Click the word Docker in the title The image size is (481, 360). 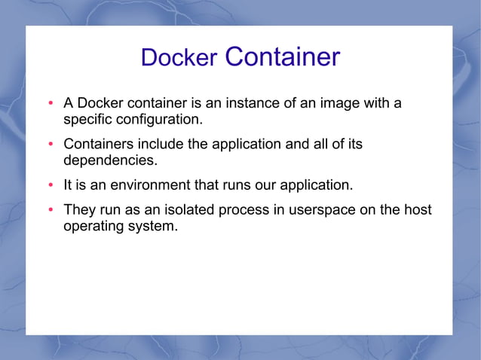coord(179,58)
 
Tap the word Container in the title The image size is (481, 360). coord(283,56)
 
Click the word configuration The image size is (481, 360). coord(159,119)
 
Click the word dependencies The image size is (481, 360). coord(110,160)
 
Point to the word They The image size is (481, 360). coord(79,209)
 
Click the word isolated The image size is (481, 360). coord(191,209)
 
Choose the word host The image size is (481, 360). coord(418,209)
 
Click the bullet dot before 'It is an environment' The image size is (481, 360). coord(50,185)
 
